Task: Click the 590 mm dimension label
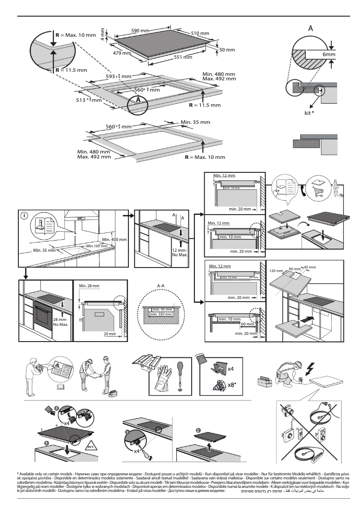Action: [140, 31]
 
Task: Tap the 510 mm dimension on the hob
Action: [200, 34]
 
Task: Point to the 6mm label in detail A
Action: [329, 54]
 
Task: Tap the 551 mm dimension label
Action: [183, 57]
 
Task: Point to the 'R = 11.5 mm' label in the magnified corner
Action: [70, 70]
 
